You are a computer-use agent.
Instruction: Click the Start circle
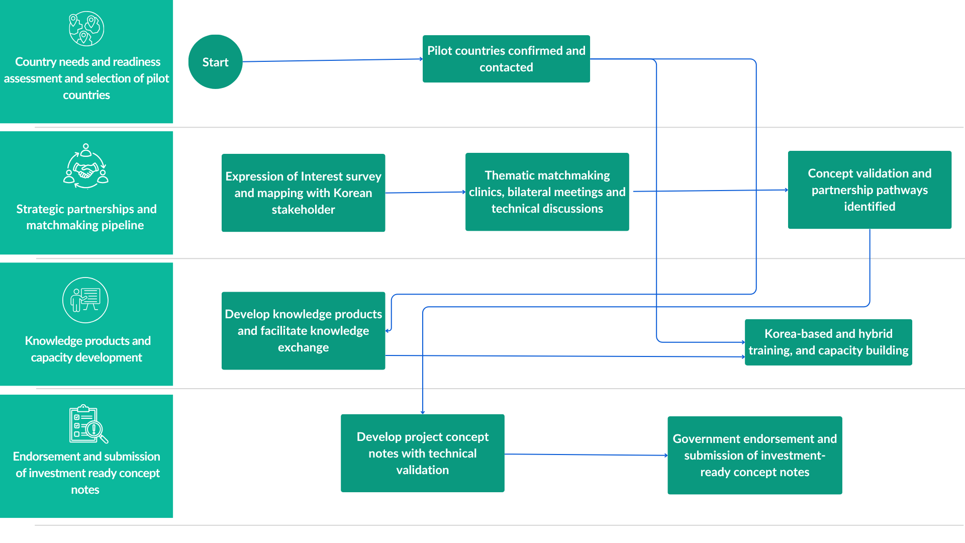[x=215, y=62]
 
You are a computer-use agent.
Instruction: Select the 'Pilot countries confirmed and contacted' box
[x=506, y=59]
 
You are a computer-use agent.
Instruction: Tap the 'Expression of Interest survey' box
[x=303, y=193]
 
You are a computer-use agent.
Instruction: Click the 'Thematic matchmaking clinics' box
[x=547, y=192]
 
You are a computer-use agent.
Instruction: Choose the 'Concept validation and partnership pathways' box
[x=870, y=190]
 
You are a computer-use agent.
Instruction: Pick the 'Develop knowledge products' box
[x=303, y=331]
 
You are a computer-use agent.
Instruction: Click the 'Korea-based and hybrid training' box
[x=828, y=342]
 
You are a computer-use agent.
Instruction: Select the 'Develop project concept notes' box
[x=422, y=453]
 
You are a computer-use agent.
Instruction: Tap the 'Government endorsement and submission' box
[x=754, y=455]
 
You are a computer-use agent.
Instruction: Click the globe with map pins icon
[x=86, y=29]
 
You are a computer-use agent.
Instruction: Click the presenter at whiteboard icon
[x=85, y=300]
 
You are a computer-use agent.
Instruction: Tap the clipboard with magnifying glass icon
[x=88, y=424]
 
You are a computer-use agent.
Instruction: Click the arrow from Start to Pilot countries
[x=333, y=60]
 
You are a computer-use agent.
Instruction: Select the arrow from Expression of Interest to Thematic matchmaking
[x=425, y=192]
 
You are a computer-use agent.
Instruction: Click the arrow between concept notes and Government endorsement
[x=586, y=455]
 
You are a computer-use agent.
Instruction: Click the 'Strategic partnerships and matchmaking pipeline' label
[x=86, y=217]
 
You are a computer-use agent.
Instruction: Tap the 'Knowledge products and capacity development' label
[x=87, y=349]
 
